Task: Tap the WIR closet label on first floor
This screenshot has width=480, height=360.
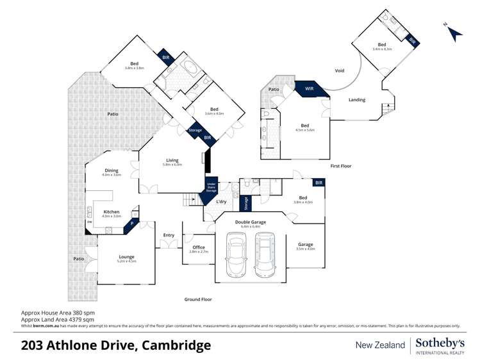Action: point(309,88)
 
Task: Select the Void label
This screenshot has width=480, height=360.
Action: point(340,70)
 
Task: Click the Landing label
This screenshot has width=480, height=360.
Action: point(357,100)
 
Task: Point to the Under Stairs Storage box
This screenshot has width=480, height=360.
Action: point(211,188)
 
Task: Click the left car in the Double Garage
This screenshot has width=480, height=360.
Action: point(236,255)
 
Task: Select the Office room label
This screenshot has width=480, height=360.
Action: point(198,247)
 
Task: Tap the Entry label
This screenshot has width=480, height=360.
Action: point(169,235)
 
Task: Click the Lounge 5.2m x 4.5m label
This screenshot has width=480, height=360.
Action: point(126,258)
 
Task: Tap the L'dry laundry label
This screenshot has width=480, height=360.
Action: point(222,202)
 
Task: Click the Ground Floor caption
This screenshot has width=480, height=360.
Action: point(197,299)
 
